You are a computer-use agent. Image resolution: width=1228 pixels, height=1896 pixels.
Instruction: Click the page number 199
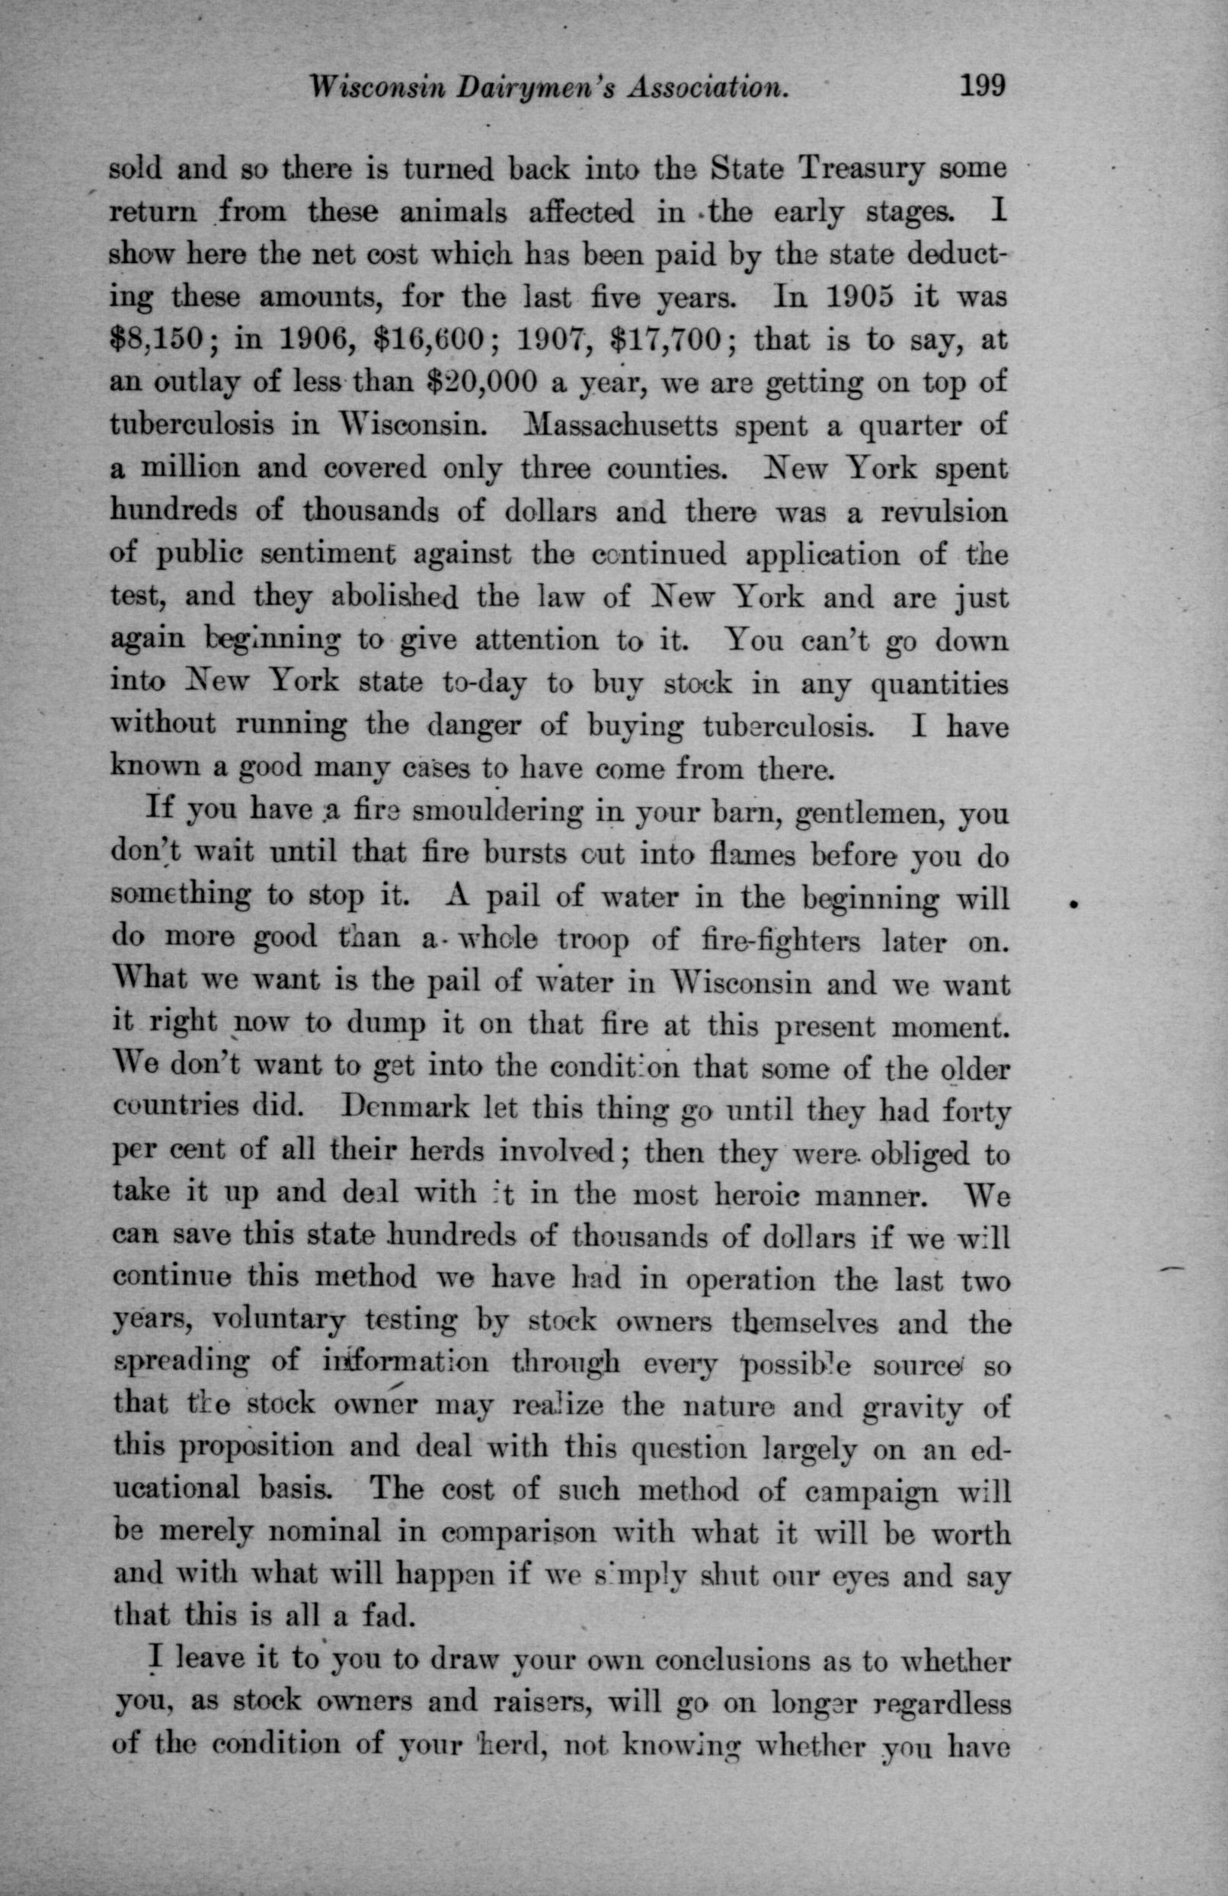click(984, 85)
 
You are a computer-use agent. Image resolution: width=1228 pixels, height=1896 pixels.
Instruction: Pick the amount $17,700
click(667, 341)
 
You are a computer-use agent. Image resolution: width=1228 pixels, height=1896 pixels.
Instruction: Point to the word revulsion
click(944, 512)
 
